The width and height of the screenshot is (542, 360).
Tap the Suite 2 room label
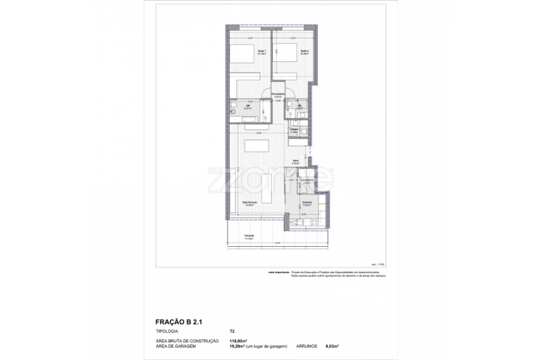coord(304,51)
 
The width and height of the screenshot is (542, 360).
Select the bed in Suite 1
coord(241,56)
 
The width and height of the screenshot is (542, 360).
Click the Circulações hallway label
coord(279,95)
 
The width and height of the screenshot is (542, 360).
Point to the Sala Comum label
coord(250,203)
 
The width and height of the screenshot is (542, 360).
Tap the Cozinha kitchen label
coord(307,203)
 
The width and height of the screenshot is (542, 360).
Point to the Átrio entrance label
coord(295,162)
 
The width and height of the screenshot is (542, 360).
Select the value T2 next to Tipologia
coord(232,332)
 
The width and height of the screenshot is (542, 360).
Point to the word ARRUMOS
coord(310,346)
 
